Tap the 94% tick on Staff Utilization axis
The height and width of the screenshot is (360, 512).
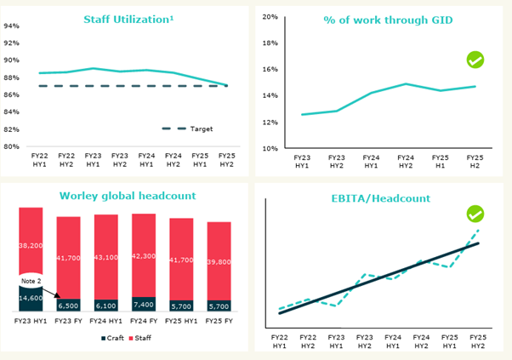click(x=11, y=26)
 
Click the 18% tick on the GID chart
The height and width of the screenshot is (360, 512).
click(x=270, y=43)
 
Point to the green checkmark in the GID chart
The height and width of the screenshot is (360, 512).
click(x=475, y=60)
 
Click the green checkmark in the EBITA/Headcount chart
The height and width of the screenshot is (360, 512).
click(x=475, y=214)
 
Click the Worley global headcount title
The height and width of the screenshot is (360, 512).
click(x=127, y=195)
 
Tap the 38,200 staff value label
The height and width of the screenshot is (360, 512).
click(x=31, y=245)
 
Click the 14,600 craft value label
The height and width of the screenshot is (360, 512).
click(x=31, y=298)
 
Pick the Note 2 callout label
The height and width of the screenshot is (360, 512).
click(x=31, y=280)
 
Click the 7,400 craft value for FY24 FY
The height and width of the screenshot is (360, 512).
click(x=144, y=303)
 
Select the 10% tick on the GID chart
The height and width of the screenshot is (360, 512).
click(x=270, y=148)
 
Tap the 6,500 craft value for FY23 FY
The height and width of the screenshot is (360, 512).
click(x=69, y=304)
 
